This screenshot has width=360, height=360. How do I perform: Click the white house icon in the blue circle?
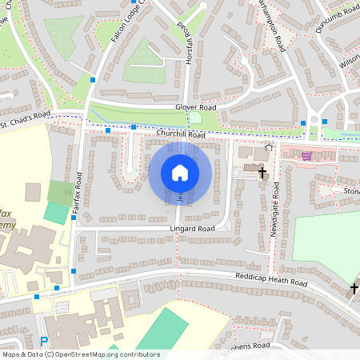pyautogui.click(x=180, y=172)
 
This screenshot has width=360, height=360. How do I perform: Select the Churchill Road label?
pyautogui.click(x=181, y=135)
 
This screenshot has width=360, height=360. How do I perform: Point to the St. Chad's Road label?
pyautogui.click(x=25, y=121)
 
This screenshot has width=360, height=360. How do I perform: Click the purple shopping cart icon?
pyautogui.click(x=306, y=156)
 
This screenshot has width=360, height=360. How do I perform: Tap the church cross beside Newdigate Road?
pyautogui.click(x=262, y=171)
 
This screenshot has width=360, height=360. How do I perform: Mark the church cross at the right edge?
pyautogui.click(x=354, y=288)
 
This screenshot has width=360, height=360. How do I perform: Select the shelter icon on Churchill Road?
pyautogui.click(x=268, y=146)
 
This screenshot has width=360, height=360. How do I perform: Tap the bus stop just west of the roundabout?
pyautogui.click(x=303, y=122)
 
